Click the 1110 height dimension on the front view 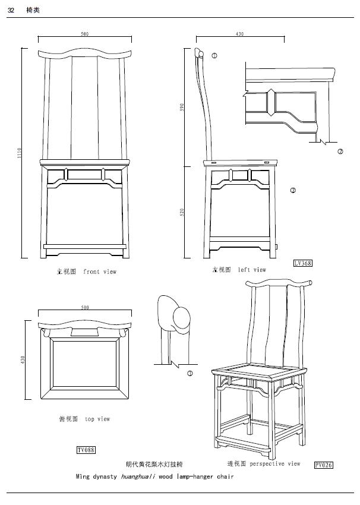point(19,153)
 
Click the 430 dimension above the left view point(239,34)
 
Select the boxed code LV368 point(302,263)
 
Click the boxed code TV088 point(86,450)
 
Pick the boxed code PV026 point(324,465)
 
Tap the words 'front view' point(100,272)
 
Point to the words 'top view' point(97,419)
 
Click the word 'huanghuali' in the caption point(138,476)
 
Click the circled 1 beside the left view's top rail point(214,55)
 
